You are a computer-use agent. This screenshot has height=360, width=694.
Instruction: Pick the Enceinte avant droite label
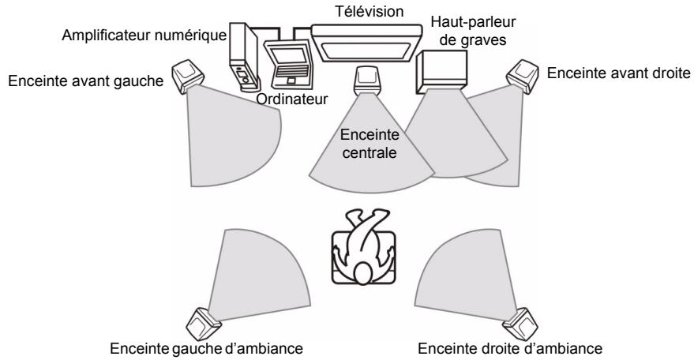click(618, 73)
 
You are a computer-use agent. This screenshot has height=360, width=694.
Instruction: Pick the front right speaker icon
click(526, 74)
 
